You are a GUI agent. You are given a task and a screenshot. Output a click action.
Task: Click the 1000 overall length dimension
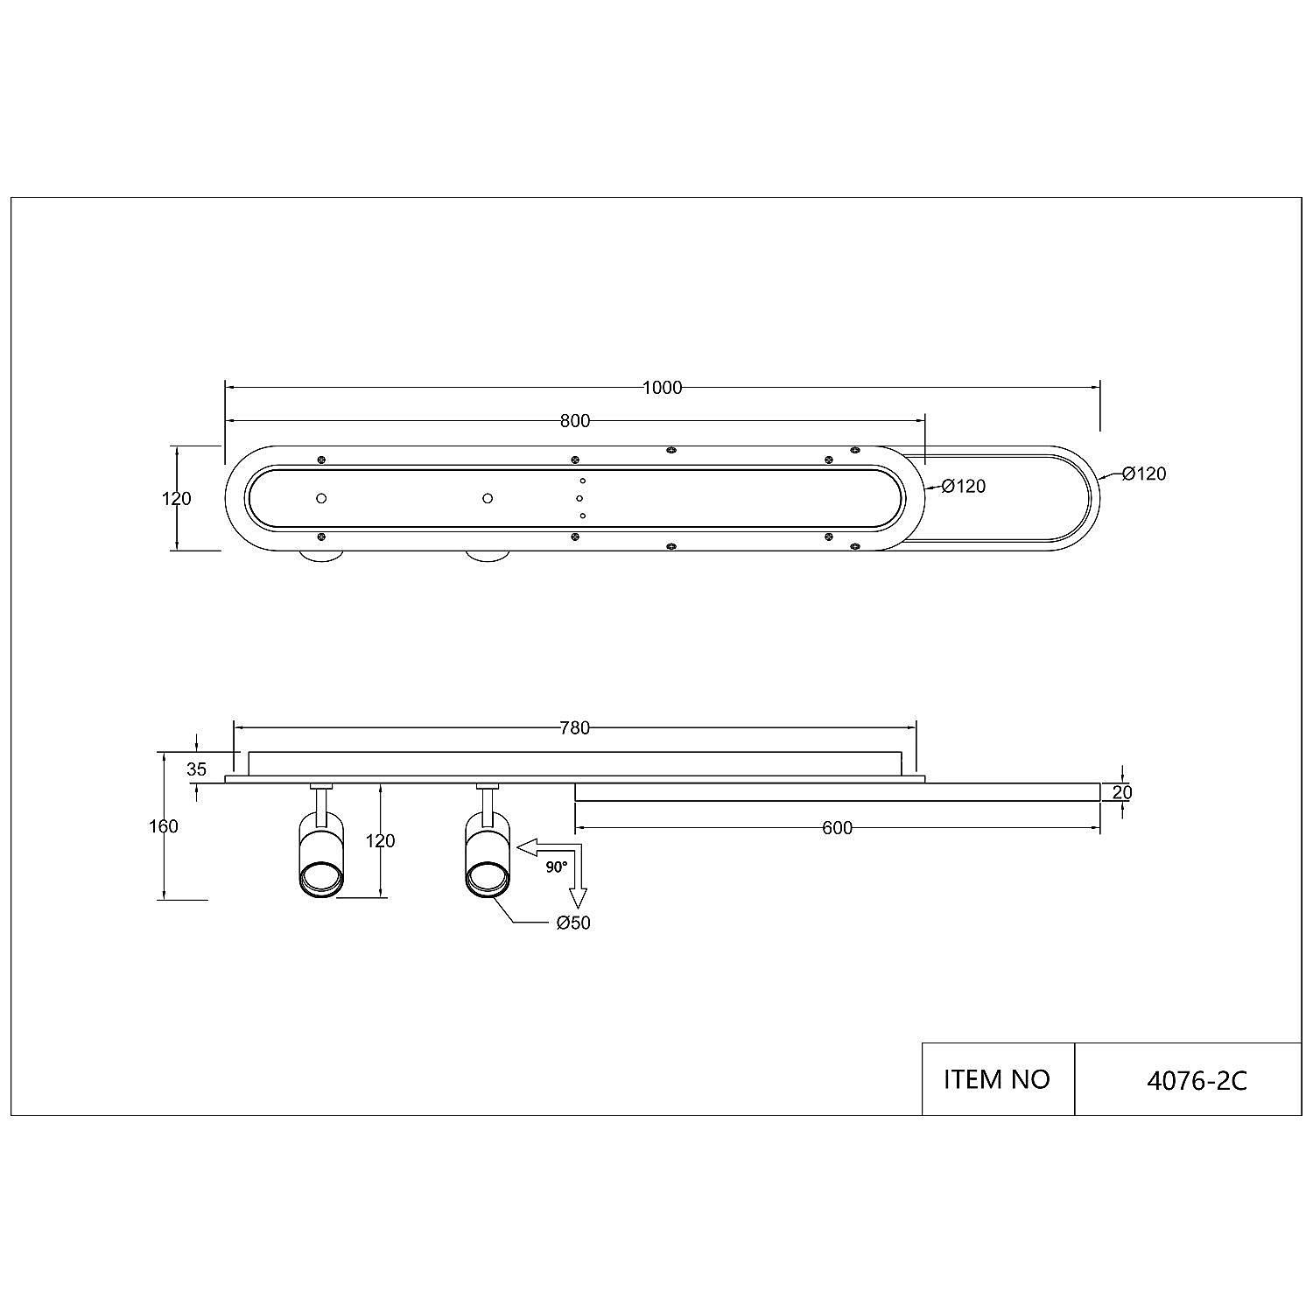click(662, 388)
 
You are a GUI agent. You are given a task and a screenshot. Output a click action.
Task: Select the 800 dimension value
click(575, 421)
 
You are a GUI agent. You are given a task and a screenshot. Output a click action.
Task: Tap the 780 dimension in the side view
click(575, 727)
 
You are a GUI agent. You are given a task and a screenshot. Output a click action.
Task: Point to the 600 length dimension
click(838, 828)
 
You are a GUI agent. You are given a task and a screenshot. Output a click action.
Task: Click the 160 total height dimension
click(164, 826)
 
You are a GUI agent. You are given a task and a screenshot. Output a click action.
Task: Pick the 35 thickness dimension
click(197, 769)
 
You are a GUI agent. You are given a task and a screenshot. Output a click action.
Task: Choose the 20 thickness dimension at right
click(1122, 793)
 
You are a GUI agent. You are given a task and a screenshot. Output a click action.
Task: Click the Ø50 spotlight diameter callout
click(572, 923)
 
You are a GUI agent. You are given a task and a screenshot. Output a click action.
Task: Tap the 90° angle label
click(557, 867)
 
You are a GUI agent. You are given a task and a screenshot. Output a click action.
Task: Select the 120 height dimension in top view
click(177, 499)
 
